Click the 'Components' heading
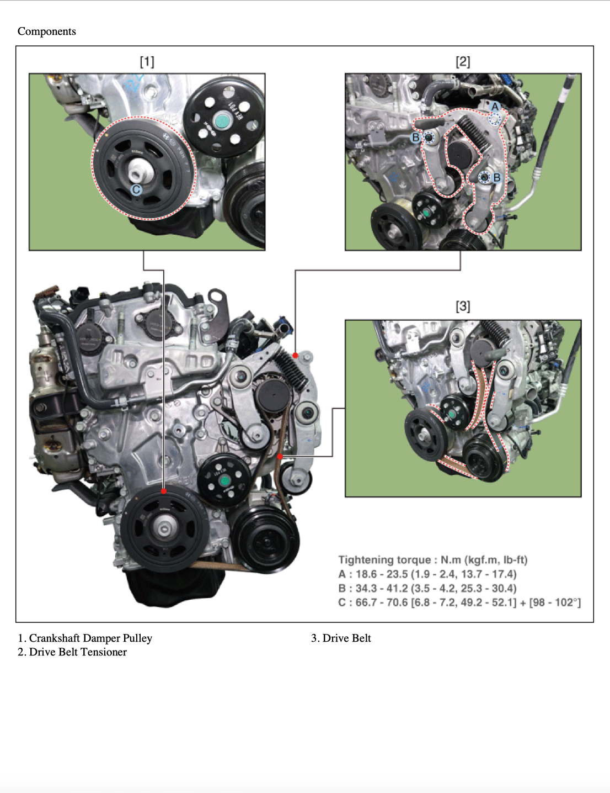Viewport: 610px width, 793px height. pos(47,31)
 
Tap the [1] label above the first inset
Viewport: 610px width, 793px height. pos(147,62)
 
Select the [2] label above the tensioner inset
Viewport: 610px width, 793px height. pos(463,62)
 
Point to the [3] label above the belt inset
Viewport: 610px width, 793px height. pos(463,306)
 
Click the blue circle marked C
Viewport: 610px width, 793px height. pos(136,190)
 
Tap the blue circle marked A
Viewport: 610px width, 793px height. pos(495,107)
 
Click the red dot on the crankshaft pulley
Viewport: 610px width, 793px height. pos(164,491)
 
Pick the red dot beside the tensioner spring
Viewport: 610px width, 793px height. pos(295,355)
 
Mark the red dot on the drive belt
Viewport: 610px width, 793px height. pos(280,456)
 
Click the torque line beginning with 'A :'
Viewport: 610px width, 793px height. pos(427,574)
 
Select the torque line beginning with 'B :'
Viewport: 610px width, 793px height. pos(427,588)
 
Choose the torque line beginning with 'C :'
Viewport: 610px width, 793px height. pos(459,602)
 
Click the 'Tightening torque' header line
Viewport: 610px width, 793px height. pos(433,560)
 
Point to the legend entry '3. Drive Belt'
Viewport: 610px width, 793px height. pos(341,638)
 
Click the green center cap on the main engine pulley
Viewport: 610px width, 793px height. pos(224,481)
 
